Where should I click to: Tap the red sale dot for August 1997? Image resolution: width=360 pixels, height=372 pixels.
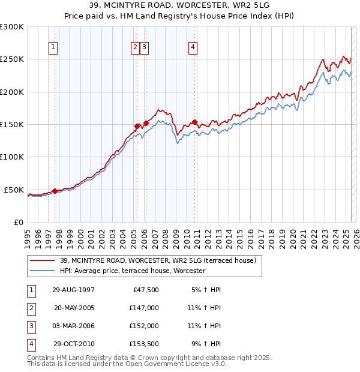pyautogui.click(x=55, y=191)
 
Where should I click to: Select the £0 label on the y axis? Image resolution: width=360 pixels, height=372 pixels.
pyautogui.click(x=18, y=222)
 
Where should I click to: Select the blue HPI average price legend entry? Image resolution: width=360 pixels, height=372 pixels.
pyautogui.click(x=133, y=271)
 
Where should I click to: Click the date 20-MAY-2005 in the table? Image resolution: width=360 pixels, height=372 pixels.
pyautogui.click(x=74, y=308)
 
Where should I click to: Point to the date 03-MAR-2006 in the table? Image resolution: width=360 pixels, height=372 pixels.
pyautogui.click(x=74, y=326)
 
